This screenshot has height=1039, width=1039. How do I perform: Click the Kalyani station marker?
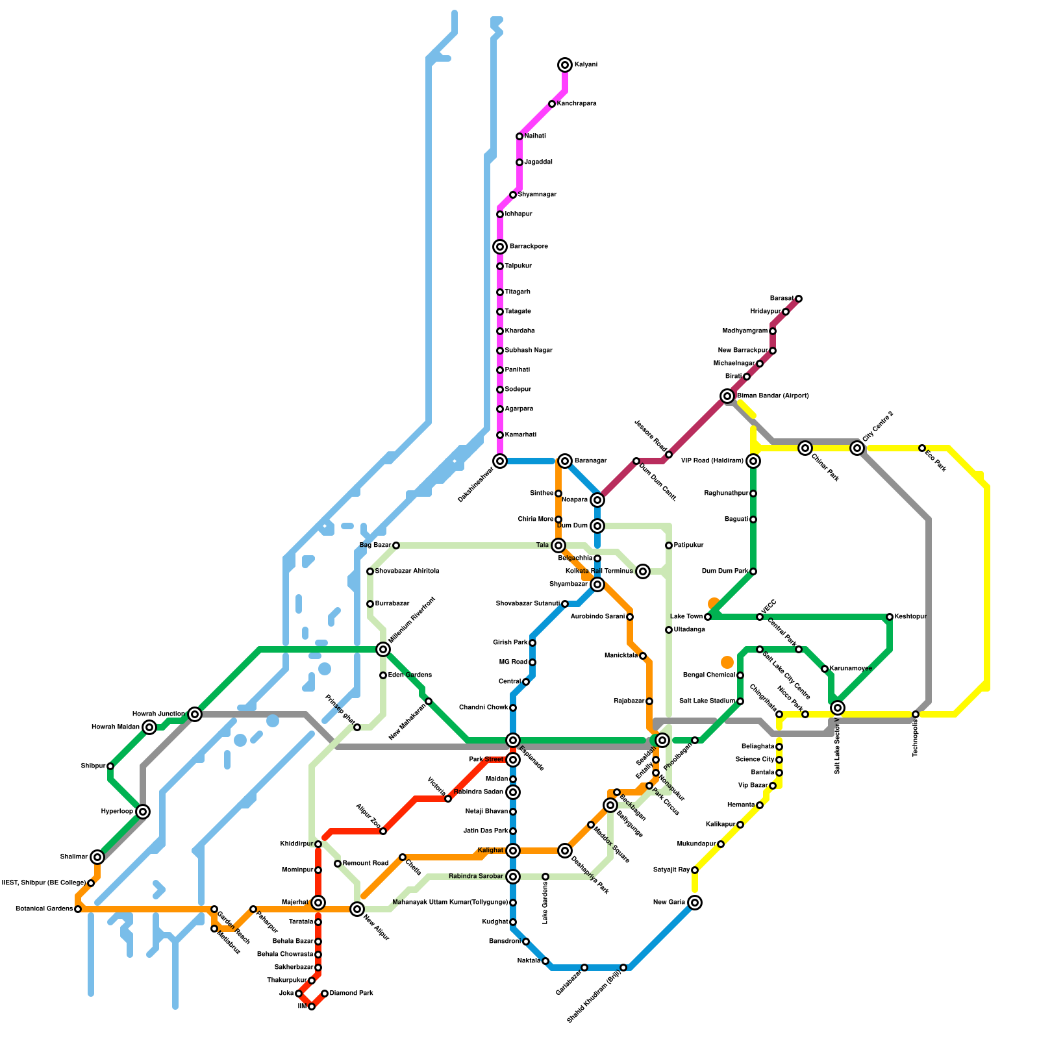coord(565,65)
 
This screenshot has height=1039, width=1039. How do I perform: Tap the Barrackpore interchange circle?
coord(500,247)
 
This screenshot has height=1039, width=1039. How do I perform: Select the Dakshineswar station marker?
coord(500,461)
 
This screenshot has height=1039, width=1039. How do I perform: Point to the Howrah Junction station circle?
coord(195,714)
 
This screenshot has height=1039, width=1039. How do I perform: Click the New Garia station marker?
coord(695,903)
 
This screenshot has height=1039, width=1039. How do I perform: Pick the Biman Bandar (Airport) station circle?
coord(727,396)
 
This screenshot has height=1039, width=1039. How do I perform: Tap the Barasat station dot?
coord(799,299)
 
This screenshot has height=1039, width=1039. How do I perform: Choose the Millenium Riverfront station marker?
coord(383,649)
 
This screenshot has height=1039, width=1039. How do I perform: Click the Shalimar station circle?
coord(97,857)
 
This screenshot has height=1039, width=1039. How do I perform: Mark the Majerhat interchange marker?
coord(318,903)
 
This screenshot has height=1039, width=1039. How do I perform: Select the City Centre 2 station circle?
coord(857,448)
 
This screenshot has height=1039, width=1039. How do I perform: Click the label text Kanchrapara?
coord(577,104)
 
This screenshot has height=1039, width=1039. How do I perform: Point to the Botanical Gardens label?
coord(44,909)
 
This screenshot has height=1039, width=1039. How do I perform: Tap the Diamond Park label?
coord(351,994)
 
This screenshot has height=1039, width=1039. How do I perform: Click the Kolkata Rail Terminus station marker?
coord(643,571)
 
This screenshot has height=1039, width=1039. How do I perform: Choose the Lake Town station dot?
coord(708,617)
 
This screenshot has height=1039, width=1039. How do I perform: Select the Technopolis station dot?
coord(916,714)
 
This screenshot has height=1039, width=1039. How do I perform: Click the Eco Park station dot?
coord(922,448)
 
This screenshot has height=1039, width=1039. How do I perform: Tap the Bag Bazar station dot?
coord(396,545)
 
